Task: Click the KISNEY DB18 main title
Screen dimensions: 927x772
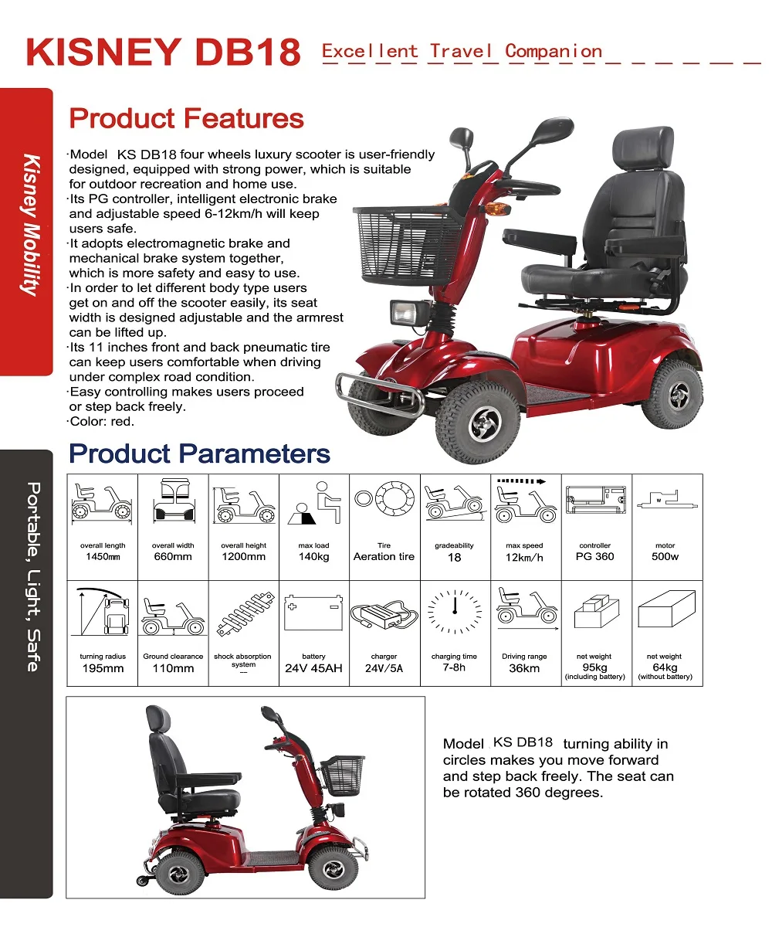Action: pyautogui.click(x=162, y=53)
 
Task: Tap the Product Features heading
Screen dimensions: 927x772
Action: pyautogui.click(x=187, y=119)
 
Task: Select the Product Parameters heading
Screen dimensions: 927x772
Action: pyautogui.click(x=199, y=453)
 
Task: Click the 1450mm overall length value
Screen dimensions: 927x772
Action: pyautogui.click(x=103, y=556)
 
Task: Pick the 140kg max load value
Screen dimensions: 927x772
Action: pyautogui.click(x=313, y=556)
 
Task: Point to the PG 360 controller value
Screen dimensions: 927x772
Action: pyautogui.click(x=594, y=556)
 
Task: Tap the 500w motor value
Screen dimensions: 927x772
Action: pyautogui.click(x=665, y=556)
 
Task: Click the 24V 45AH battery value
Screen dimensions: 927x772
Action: pyautogui.click(x=313, y=668)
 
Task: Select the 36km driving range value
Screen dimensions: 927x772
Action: pyautogui.click(x=524, y=668)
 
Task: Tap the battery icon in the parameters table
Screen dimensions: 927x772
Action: pyautogui.click(x=313, y=613)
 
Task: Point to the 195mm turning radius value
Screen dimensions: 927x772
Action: pyautogui.click(x=103, y=668)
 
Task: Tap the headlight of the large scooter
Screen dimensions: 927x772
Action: pyautogui.click(x=402, y=313)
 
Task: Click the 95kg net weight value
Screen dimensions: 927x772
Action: pyautogui.click(x=594, y=667)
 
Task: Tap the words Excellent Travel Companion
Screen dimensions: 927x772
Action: pyautogui.click(x=462, y=52)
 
